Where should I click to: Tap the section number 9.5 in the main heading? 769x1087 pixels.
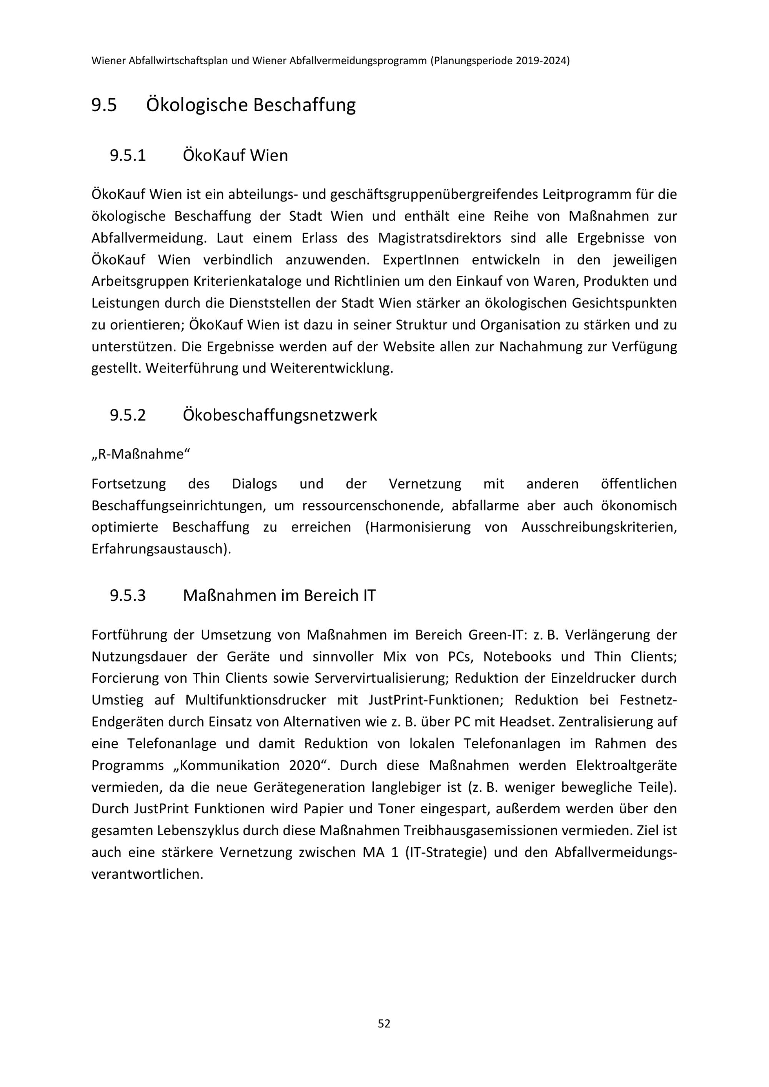(x=104, y=105)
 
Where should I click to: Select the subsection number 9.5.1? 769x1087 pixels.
(x=128, y=155)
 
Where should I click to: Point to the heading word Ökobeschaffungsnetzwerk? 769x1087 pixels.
(x=280, y=415)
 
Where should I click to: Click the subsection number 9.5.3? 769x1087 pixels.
(x=128, y=595)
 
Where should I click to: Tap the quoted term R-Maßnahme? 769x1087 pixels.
(x=141, y=454)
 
